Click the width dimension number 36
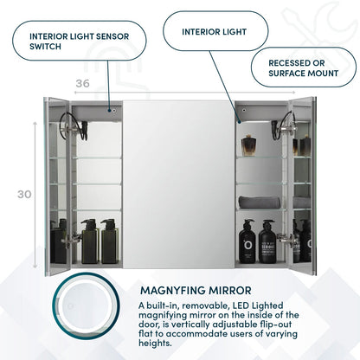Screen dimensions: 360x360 tap(83, 83)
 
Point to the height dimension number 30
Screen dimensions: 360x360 tap(24, 194)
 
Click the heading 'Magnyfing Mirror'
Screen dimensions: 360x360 tap(195, 290)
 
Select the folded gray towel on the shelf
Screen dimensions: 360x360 tap(260, 201)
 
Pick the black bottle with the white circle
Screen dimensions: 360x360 tap(247, 242)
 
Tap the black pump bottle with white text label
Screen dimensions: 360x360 tap(267, 242)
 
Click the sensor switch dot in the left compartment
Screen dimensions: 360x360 tap(111, 110)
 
